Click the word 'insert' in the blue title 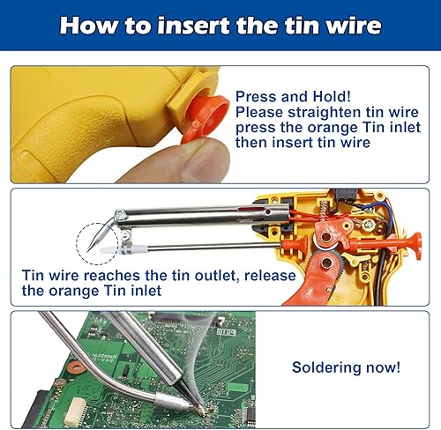pos(194,26)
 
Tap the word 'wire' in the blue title pos(353,26)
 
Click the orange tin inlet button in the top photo pos(206,116)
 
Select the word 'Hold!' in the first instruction pos(332,96)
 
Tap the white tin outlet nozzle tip pos(105,250)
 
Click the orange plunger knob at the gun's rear pos(415,246)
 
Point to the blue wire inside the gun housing pos(381,213)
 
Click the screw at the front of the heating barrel pos(121,216)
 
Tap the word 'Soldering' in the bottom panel pos(326,367)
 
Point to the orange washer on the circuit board pos(74,367)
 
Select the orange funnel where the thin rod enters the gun pos(295,244)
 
